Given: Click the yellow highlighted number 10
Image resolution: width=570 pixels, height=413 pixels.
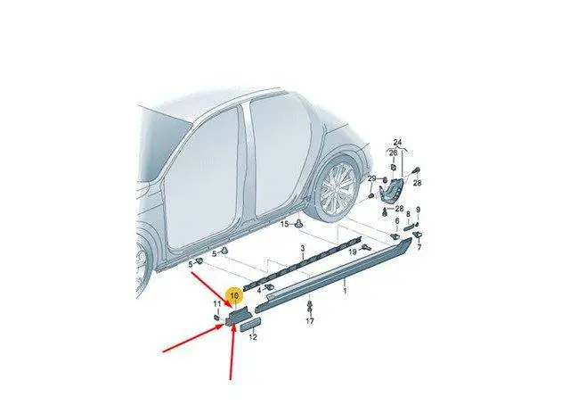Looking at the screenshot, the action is [234, 295].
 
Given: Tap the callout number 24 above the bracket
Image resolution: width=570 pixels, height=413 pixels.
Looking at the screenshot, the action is [397, 143].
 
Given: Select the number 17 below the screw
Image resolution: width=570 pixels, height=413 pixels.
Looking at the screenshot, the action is [309, 321].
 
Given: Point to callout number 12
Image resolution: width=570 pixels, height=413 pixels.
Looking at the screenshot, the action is [253, 337].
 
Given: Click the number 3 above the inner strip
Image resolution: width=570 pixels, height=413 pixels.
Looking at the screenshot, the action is [303, 249].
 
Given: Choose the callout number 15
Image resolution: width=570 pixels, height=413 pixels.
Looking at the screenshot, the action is [284, 224].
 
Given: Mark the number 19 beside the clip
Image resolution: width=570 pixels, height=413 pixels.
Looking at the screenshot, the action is [353, 252].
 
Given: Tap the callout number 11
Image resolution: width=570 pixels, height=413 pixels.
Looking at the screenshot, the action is [217, 304].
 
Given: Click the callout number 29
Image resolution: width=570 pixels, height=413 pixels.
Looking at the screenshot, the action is [371, 178].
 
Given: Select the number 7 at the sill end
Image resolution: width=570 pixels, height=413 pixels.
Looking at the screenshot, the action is [419, 248].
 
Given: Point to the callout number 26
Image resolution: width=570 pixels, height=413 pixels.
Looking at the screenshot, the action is [393, 153].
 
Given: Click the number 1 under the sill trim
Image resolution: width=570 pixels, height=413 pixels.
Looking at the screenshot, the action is [345, 291].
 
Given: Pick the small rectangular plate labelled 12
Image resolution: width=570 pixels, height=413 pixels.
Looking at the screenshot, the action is [250, 324].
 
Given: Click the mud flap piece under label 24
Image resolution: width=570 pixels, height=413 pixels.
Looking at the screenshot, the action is [392, 190].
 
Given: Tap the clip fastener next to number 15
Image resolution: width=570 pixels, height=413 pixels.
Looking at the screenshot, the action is [299, 224].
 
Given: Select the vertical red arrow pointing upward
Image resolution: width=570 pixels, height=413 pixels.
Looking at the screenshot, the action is [232, 352].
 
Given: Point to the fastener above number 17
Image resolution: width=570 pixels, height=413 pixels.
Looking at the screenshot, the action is [309, 307].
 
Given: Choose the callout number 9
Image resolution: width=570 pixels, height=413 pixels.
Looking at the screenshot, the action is [418, 210].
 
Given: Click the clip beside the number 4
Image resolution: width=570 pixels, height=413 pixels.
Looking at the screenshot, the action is [269, 288].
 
